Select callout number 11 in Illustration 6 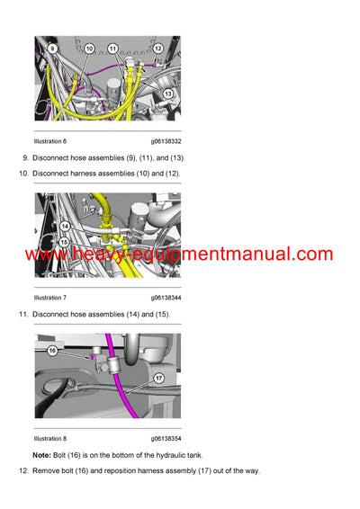[112, 48]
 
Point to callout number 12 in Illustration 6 [157, 49]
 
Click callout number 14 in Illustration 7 [64, 227]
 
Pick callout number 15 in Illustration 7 [64, 241]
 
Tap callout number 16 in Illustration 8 [53, 350]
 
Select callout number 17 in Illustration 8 [158, 378]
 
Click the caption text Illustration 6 [50, 141]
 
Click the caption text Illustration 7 [50, 297]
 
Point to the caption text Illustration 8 [50, 439]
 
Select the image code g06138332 [166, 141]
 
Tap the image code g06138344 [166, 297]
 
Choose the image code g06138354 [166, 439]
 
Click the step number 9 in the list [23, 158]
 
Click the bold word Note [41, 456]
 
